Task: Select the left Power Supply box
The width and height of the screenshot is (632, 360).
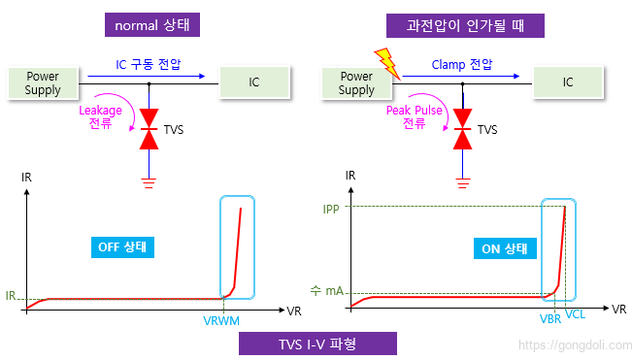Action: [43, 82]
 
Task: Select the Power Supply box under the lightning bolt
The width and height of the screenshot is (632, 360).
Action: [356, 82]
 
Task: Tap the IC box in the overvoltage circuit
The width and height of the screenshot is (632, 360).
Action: [569, 82]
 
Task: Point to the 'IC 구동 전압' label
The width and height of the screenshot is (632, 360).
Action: [148, 67]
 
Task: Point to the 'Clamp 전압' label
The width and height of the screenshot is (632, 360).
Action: [463, 67]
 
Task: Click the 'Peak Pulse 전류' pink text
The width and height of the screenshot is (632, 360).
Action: [413, 117]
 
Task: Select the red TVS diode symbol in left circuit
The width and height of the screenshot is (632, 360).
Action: [149, 130]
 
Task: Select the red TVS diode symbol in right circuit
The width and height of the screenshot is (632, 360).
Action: [463, 130]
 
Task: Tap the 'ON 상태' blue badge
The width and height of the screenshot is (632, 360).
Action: [504, 247]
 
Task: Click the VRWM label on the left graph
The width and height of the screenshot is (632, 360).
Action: [221, 319]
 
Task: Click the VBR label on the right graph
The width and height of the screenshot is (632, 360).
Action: [549, 317]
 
